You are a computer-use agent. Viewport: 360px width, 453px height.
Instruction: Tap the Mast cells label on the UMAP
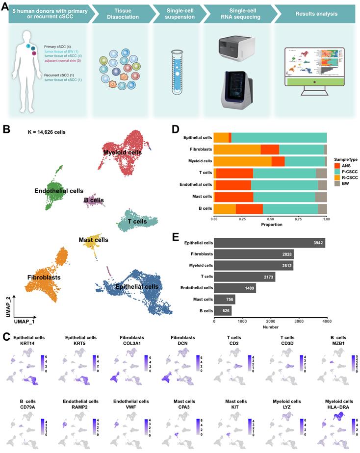93,240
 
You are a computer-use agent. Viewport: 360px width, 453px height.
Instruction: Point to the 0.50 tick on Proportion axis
270,220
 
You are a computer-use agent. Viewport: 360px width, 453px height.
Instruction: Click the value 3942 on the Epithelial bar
316,243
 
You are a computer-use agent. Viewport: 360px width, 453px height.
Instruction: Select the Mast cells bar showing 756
225,299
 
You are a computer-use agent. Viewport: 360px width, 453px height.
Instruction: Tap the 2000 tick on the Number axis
270,322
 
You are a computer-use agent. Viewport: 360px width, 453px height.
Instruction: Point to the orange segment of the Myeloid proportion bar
242,161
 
